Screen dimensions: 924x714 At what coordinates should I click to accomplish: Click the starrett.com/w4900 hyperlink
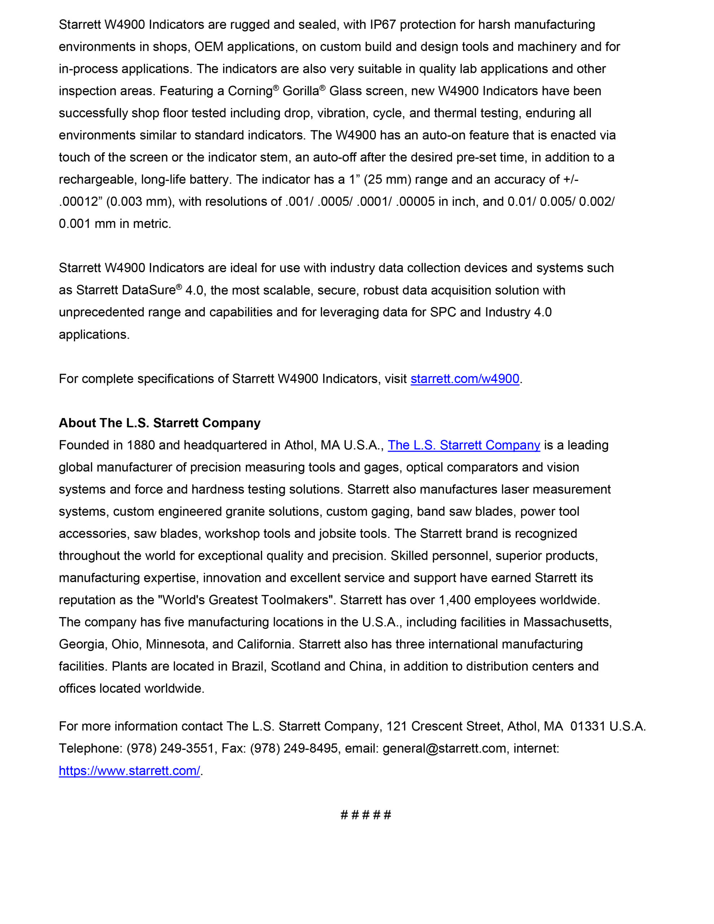coord(464,379)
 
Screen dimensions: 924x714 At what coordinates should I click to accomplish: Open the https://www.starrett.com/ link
coord(129,771)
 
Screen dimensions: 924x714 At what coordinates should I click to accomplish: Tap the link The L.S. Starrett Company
coord(463,445)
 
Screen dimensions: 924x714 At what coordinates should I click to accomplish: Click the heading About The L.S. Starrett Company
coord(160,423)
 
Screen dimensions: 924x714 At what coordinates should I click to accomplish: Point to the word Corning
coord(250,91)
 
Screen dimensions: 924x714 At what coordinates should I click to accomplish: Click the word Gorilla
coord(300,91)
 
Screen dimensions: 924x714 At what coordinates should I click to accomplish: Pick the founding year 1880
coord(141,445)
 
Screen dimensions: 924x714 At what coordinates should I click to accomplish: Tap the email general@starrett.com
coord(444,749)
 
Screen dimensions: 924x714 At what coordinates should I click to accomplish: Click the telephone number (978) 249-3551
coord(170,749)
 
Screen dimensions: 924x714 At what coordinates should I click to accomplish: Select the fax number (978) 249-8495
coord(294,749)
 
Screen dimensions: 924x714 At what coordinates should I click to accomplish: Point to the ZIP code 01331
coord(588,727)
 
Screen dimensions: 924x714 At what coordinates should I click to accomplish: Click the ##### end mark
coord(366,815)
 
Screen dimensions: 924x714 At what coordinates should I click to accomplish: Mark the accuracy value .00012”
coord(80,202)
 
